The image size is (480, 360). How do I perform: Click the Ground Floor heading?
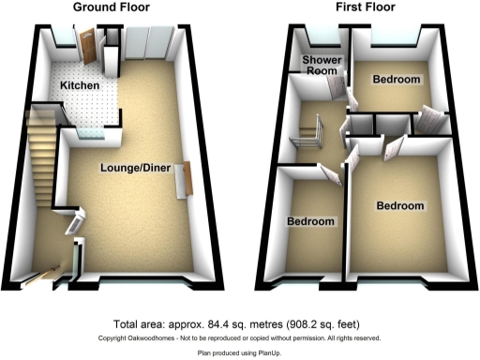pyautogui.click(x=115, y=7)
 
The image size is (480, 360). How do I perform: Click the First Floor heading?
pyautogui.click(x=367, y=7)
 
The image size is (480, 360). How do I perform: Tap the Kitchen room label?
pyautogui.click(x=80, y=85)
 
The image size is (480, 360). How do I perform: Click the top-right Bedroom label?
pyautogui.click(x=396, y=80)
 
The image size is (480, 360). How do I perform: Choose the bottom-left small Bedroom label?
pyautogui.click(x=310, y=221)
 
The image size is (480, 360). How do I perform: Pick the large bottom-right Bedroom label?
pyautogui.click(x=400, y=205)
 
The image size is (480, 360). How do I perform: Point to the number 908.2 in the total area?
pyautogui.click(x=308, y=320)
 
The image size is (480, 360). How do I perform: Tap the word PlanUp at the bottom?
pyautogui.click(x=268, y=353)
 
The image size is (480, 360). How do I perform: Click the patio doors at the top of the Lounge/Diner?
pyautogui.click(x=148, y=45)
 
